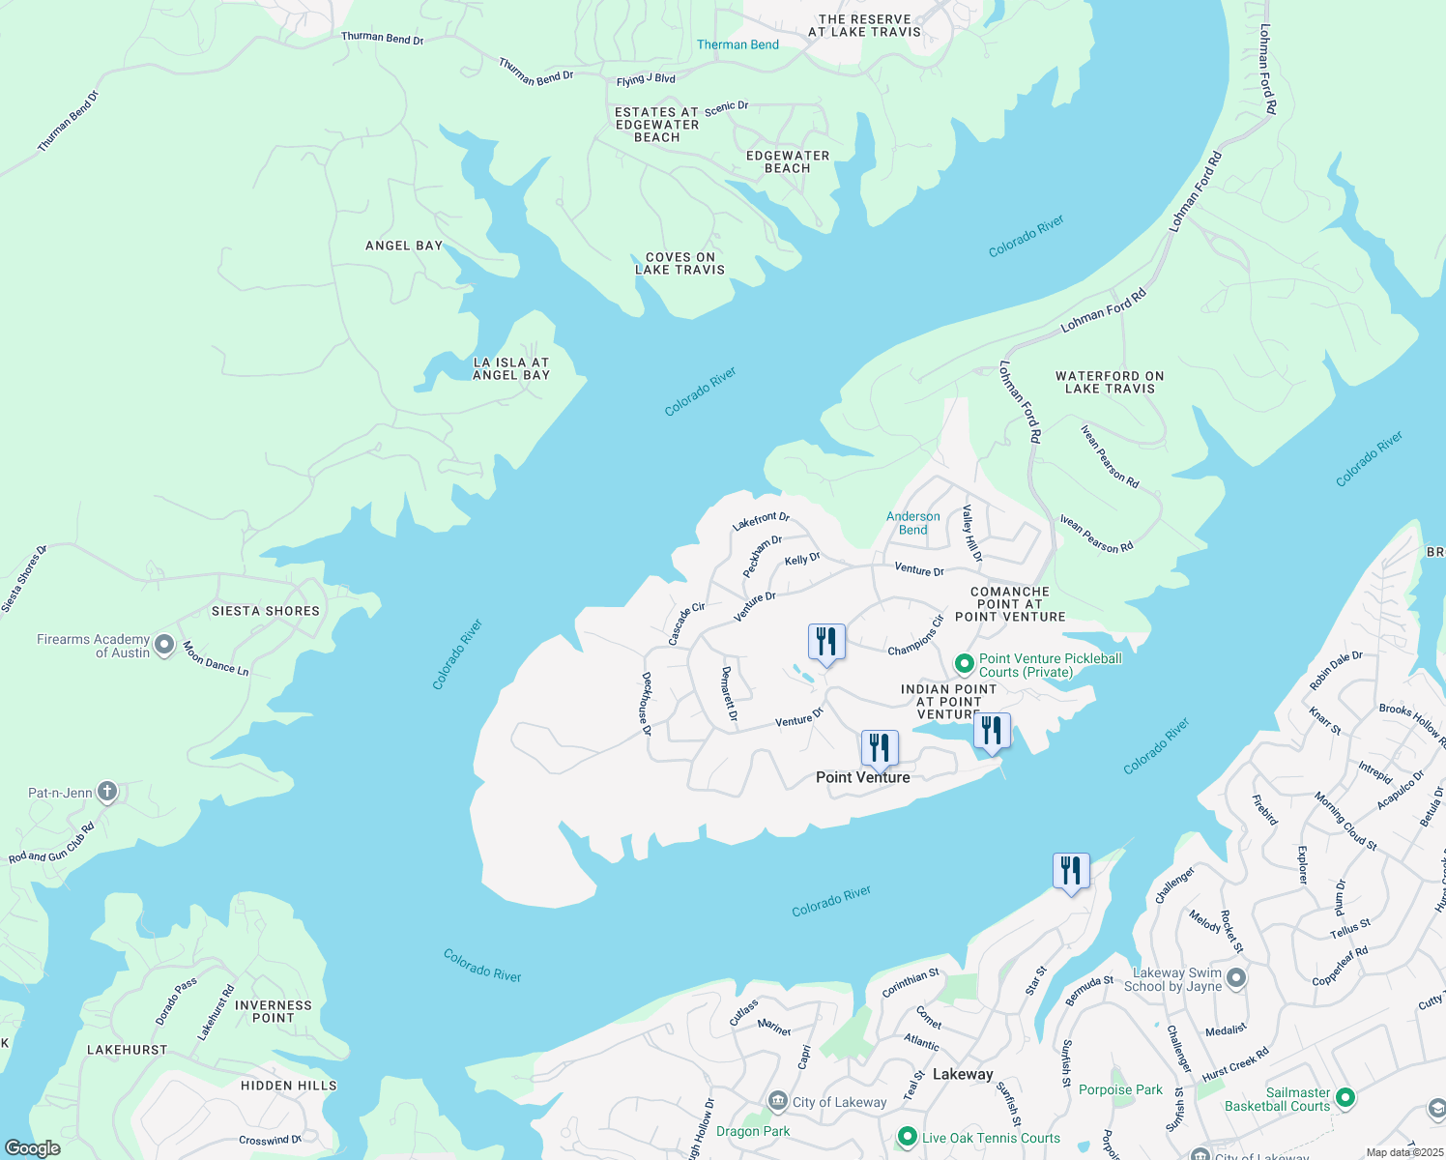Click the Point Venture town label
862,777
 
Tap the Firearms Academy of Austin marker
164,645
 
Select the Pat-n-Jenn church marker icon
107,792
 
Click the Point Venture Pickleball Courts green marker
964,664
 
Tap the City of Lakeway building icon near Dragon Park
778,1101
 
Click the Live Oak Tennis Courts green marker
907,1137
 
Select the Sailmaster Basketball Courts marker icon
1345,1098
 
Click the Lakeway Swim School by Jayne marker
1236,978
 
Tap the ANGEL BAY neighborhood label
403,246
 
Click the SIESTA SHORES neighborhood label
266,611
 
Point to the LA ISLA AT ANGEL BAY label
511,368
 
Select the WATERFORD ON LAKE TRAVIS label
1110,382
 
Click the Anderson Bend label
912,523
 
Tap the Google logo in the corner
32,1148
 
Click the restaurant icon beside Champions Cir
826,642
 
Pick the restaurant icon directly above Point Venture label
880,748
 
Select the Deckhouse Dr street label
646,704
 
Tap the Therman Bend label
737,44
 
